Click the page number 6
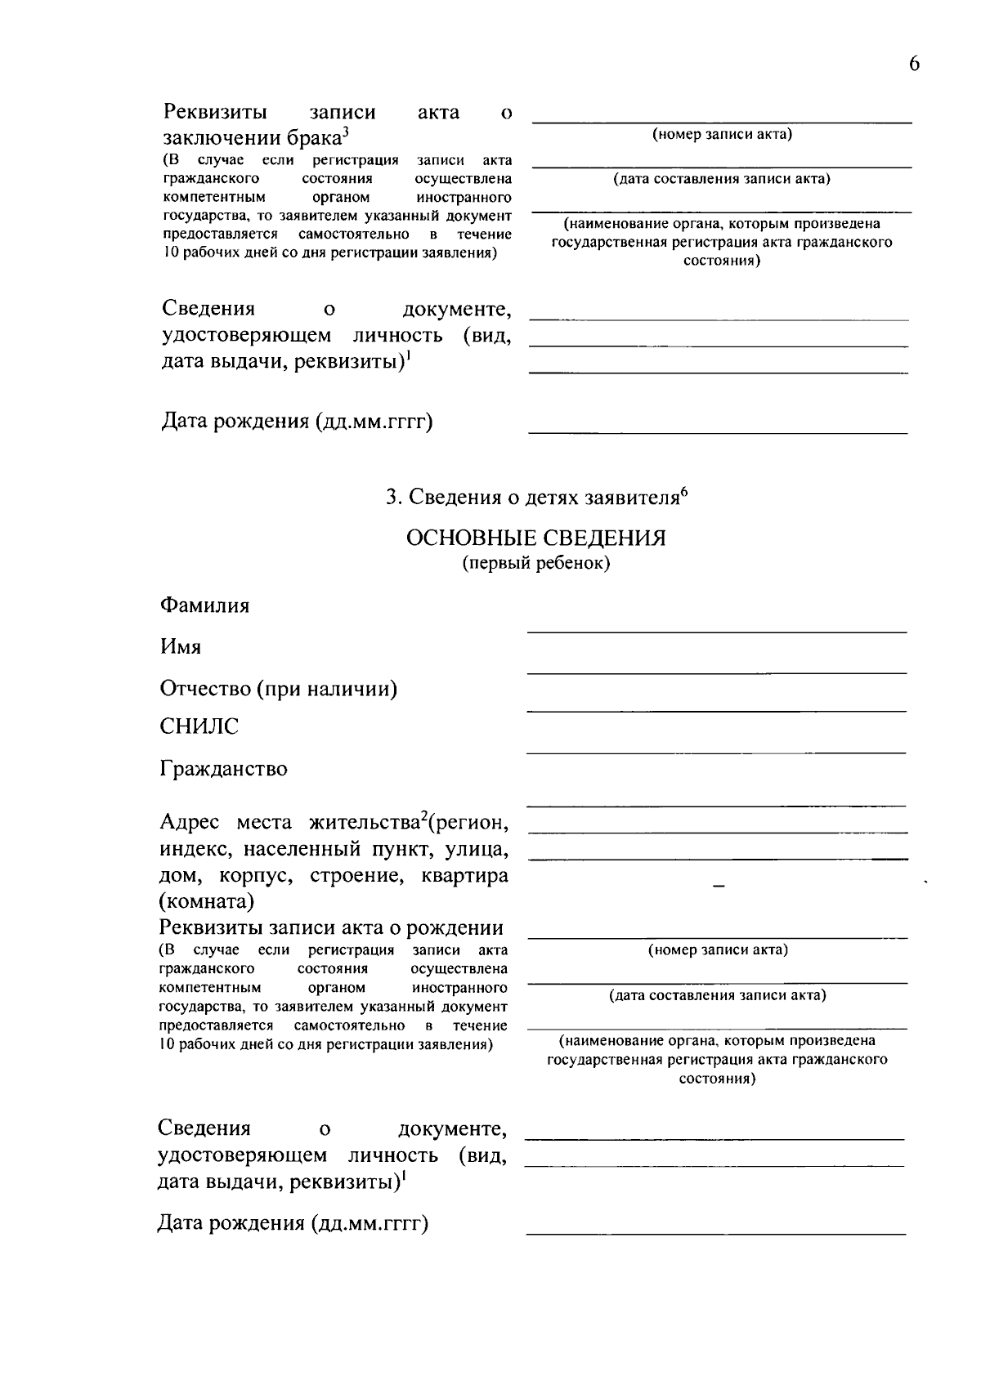coord(914,65)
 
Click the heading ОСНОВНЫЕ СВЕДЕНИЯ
coord(535,538)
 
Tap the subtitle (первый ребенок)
coord(535,564)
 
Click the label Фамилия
coord(204,605)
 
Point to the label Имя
coord(181,647)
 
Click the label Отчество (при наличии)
coord(279,689)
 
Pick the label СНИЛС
coord(199,726)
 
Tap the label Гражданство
coord(223,769)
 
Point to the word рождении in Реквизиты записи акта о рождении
coord(455,927)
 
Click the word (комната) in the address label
coord(207,901)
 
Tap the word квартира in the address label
coord(464,876)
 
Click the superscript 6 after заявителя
coord(684,492)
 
